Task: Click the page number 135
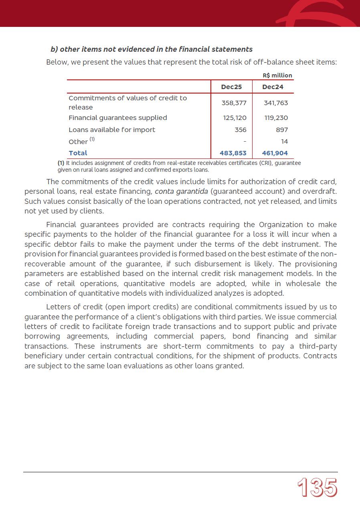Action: (317, 488)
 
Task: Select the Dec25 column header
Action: (231, 87)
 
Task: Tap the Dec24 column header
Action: (273, 87)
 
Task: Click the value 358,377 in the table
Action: (234, 103)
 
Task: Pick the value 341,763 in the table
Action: (276, 103)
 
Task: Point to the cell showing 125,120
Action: (234, 118)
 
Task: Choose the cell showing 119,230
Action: (276, 118)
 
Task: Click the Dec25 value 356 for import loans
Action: (241, 130)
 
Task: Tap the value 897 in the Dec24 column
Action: (282, 130)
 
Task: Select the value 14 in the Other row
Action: (284, 141)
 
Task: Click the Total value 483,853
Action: (233, 153)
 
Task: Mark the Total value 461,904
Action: (275, 153)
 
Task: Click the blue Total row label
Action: (78, 153)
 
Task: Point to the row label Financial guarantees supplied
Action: (117, 118)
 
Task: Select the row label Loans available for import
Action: (112, 130)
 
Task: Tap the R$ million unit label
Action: (277, 75)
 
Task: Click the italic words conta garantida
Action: (181, 191)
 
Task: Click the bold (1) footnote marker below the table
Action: (61, 163)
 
